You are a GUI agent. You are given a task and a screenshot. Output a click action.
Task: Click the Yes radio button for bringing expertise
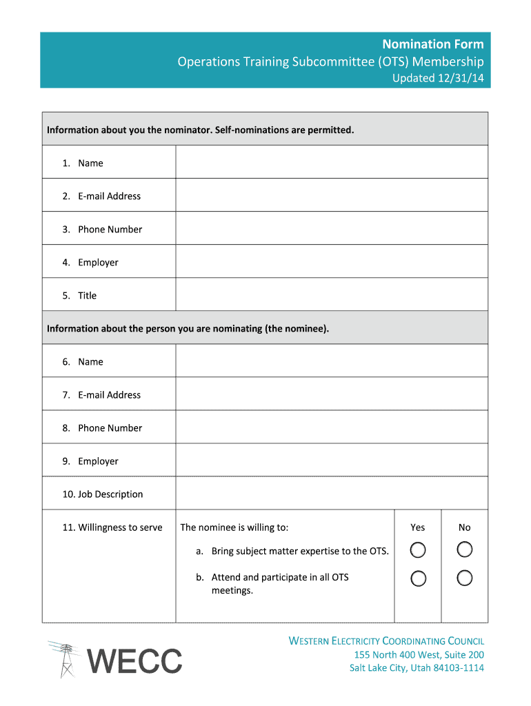pyautogui.click(x=418, y=550)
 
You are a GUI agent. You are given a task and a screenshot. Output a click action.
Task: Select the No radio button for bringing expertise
pyautogui.click(x=465, y=549)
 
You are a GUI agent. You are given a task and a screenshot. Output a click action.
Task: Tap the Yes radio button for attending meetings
pyautogui.click(x=418, y=578)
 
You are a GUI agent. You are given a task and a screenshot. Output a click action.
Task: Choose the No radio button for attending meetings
pyautogui.click(x=465, y=578)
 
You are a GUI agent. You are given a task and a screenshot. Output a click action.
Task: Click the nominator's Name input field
pyautogui.click(x=331, y=162)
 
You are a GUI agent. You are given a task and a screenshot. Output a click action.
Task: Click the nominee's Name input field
pyautogui.click(x=331, y=361)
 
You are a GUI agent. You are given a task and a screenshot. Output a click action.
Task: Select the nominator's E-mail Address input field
pyautogui.click(x=331, y=195)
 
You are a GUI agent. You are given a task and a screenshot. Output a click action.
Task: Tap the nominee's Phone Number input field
pyautogui.click(x=331, y=427)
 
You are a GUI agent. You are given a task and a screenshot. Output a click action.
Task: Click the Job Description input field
pyautogui.click(x=331, y=494)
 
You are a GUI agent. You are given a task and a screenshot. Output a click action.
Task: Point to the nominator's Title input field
pyautogui.click(x=331, y=294)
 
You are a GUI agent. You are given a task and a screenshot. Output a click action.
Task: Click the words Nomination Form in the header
pyautogui.click(x=433, y=44)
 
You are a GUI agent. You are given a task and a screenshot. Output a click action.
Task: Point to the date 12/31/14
pyautogui.click(x=461, y=79)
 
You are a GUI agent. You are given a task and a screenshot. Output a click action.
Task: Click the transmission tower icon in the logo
pyautogui.click(x=66, y=659)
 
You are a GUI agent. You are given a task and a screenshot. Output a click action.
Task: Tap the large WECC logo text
pyautogui.click(x=136, y=661)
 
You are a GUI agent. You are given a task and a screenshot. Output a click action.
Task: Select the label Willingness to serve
pyautogui.click(x=112, y=527)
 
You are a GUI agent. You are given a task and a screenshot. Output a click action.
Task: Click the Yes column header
pyautogui.click(x=418, y=527)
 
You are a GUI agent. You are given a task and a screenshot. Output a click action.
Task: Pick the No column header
pyautogui.click(x=465, y=527)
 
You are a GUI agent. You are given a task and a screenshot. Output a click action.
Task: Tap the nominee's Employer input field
pyautogui.click(x=331, y=461)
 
